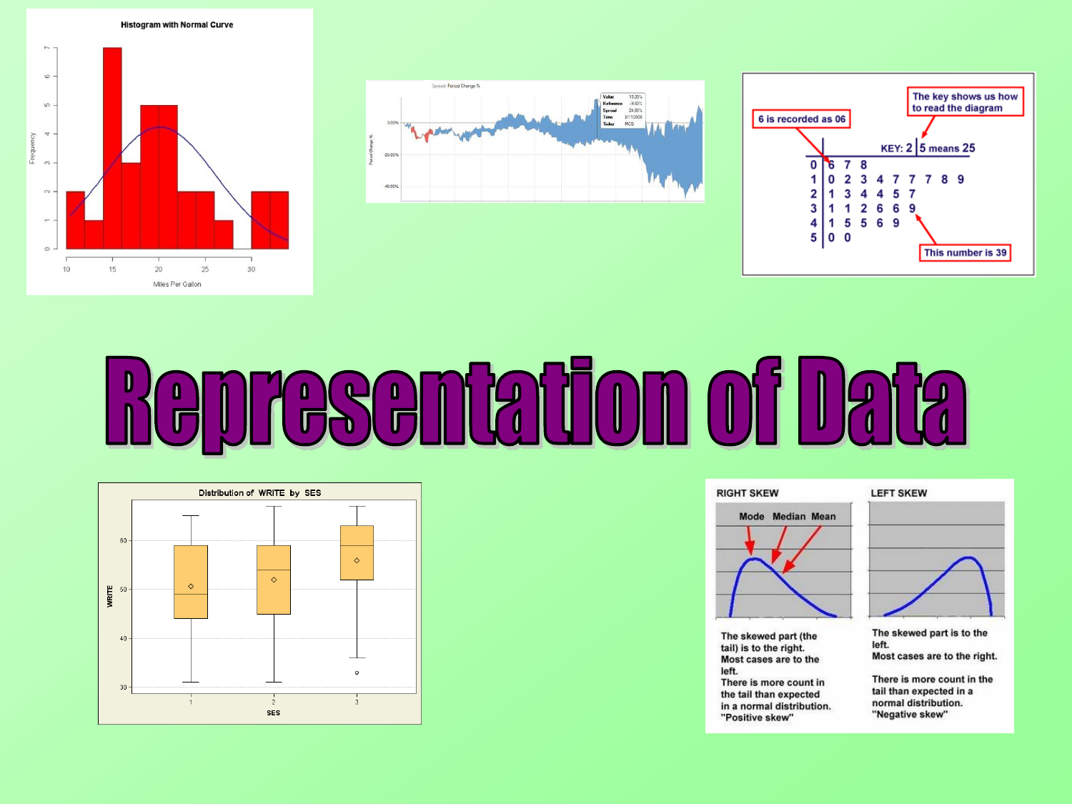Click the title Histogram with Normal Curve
coord(177,25)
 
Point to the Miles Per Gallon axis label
coord(177,284)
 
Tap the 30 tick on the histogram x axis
coord(251,269)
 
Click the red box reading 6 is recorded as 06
coord(801,119)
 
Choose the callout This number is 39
coord(965,253)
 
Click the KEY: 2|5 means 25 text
coord(928,149)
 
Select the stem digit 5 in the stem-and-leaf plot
coord(813,238)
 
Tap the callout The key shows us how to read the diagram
coord(965,102)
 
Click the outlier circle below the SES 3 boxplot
coord(357,673)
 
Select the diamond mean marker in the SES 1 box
coord(191,587)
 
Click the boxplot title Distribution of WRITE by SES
coord(259,493)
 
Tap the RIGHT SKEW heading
coord(747,493)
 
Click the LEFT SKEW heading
coord(898,493)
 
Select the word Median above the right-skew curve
coord(788,517)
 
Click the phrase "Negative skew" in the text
coord(909,715)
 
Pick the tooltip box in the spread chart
coord(622,111)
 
